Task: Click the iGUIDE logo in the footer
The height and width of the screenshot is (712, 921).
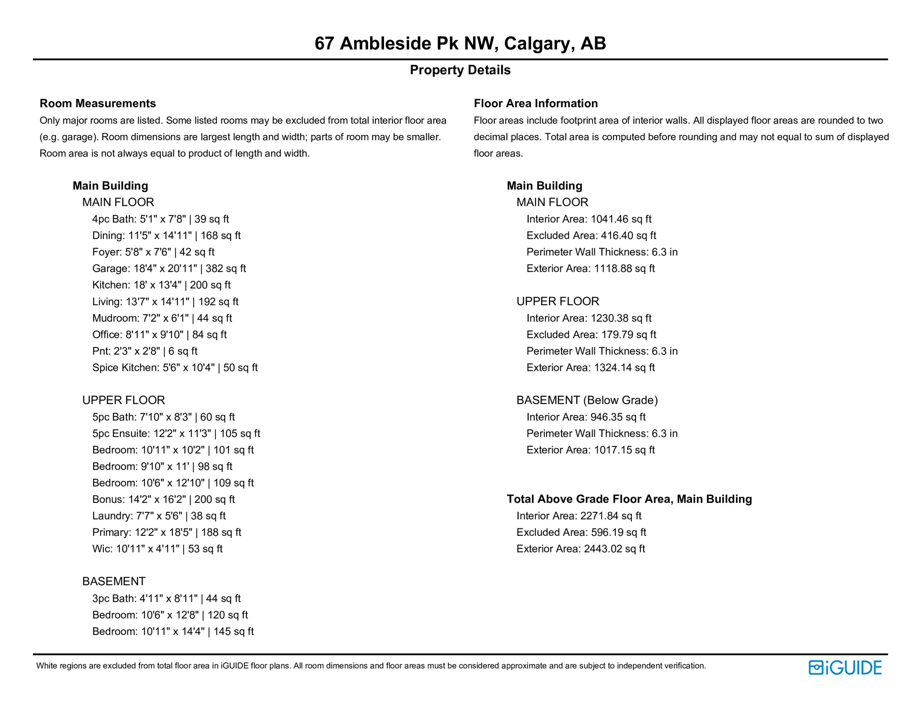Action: pyautogui.click(x=845, y=667)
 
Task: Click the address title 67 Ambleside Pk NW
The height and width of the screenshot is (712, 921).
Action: pyautogui.click(x=460, y=44)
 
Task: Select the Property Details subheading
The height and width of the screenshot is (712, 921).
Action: pyautogui.click(x=460, y=70)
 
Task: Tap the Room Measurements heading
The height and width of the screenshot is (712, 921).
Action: pyautogui.click(x=98, y=103)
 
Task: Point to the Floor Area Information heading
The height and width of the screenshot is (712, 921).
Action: pyautogui.click(x=536, y=103)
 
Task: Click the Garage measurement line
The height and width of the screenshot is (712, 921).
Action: pyautogui.click(x=169, y=269)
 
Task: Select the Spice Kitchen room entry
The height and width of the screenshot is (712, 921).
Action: pyautogui.click(x=175, y=368)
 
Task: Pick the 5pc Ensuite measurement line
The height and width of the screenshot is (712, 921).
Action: pyautogui.click(x=176, y=434)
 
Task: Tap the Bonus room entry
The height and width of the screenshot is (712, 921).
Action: pyautogui.click(x=163, y=500)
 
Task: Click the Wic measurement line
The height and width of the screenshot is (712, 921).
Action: pyautogui.click(x=157, y=549)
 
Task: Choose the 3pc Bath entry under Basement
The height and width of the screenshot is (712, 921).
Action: pyautogui.click(x=166, y=599)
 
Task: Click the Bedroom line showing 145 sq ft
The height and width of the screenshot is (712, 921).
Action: pyautogui.click(x=173, y=632)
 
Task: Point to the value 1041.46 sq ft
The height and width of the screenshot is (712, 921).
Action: pyautogui.click(x=621, y=219)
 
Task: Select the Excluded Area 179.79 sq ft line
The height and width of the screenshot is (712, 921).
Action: pyautogui.click(x=591, y=335)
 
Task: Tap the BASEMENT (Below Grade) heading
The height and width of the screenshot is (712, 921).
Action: pyautogui.click(x=587, y=400)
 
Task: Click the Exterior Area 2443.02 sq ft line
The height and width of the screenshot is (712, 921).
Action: pyautogui.click(x=580, y=549)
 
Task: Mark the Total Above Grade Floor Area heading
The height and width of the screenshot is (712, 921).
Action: pyautogui.click(x=629, y=499)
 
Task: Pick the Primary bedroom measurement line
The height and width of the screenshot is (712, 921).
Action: pyautogui.click(x=166, y=533)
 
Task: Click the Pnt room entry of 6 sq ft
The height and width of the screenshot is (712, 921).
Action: pyautogui.click(x=145, y=351)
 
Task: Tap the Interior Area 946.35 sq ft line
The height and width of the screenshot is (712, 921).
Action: pyautogui.click(x=586, y=417)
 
